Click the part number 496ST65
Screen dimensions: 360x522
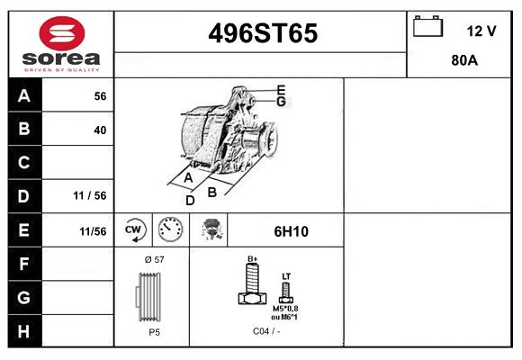(x=262, y=33)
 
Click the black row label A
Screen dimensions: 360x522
(x=24, y=95)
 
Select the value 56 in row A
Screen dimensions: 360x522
(x=100, y=95)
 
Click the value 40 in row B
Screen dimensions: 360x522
(x=100, y=130)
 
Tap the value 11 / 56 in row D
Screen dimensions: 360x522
(x=90, y=195)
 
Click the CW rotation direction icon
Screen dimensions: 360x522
(x=134, y=230)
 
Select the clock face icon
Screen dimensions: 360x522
(x=170, y=230)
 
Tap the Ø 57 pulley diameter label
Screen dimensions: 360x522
(x=153, y=259)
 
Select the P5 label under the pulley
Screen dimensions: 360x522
(x=154, y=331)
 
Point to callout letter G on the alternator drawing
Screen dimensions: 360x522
(x=281, y=102)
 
